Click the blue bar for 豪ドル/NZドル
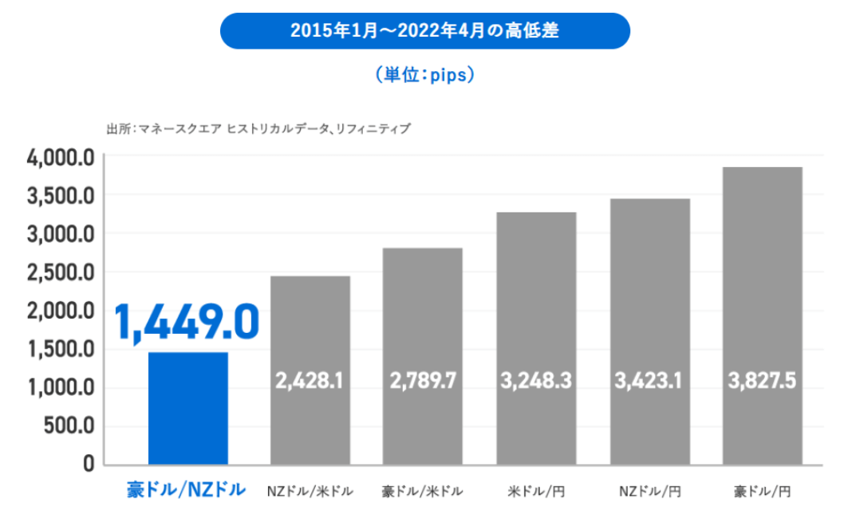[188, 408]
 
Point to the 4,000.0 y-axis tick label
[61, 157]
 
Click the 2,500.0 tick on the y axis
[61, 272]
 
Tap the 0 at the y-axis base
[89, 464]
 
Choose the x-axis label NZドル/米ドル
[310, 490]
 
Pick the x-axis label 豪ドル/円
[762, 490]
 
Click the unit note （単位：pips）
[424, 75]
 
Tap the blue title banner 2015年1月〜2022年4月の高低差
[424, 31]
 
